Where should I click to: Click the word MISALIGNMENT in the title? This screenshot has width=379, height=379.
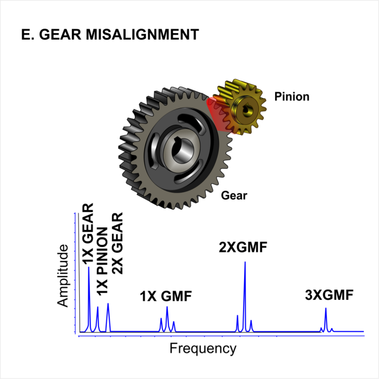click(142, 34)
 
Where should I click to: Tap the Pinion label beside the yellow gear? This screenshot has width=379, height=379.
click(292, 97)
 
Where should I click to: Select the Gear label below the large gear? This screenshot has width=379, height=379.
click(234, 195)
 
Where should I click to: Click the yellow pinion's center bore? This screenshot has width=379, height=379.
click(247, 110)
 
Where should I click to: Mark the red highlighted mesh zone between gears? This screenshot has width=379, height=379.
click(219, 114)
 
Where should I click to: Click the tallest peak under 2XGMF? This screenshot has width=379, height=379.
click(245, 297)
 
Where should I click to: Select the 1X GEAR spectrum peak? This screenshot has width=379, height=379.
click(89, 300)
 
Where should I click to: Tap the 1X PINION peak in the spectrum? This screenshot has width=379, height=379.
click(97, 319)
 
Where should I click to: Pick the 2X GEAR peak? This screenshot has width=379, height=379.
click(108, 318)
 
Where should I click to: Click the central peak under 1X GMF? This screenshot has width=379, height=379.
click(167, 319)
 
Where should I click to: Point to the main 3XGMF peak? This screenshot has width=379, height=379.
click(326, 320)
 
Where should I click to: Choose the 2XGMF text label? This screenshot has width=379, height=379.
click(243, 247)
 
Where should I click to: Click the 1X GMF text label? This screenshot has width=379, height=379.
click(166, 296)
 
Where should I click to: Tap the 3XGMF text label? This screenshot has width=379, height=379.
click(329, 295)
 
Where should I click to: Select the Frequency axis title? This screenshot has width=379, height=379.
click(203, 349)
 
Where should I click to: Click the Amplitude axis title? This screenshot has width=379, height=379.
click(63, 276)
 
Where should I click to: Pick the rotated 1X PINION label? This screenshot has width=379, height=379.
click(102, 261)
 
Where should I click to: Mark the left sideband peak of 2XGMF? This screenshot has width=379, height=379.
click(237, 324)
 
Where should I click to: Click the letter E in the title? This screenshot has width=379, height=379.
click(25, 34)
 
